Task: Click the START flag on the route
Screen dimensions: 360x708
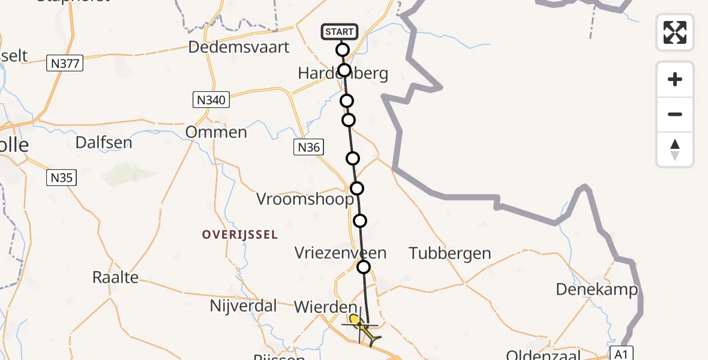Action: (x=340, y=31)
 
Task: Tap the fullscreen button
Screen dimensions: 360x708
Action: (x=675, y=32)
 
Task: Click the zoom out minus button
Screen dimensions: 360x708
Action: (x=675, y=114)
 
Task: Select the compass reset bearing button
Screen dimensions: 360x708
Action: (x=675, y=149)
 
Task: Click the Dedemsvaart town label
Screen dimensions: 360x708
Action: (x=239, y=47)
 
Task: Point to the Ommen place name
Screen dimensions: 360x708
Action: (x=216, y=132)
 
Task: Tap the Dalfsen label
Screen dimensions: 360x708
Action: (x=104, y=143)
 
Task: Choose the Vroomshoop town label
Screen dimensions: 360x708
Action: (x=304, y=199)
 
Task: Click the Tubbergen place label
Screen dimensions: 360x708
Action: (x=450, y=253)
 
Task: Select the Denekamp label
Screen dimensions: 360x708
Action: (x=596, y=289)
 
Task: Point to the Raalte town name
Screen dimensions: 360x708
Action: (x=115, y=277)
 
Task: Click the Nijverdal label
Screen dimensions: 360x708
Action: (x=244, y=306)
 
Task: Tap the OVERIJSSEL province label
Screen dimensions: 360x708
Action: (x=240, y=235)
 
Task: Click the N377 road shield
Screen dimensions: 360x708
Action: (x=65, y=62)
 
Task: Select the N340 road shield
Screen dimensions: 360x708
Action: (x=211, y=100)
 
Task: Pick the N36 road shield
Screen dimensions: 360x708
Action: (x=310, y=148)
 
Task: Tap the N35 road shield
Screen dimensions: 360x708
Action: (x=62, y=177)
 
